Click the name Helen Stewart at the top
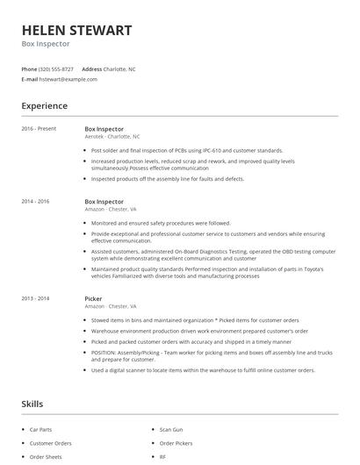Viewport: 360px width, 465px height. coord(77,30)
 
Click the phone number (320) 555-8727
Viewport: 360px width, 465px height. coord(56,68)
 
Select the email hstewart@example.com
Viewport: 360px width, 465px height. coord(68,79)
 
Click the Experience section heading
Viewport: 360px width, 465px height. coord(45,106)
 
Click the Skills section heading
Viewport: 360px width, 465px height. coord(32,404)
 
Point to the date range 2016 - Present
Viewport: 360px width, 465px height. coord(39,128)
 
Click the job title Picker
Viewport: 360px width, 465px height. coord(94,299)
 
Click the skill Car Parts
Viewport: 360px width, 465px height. coord(41,430)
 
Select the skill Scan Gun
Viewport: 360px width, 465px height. coord(171,430)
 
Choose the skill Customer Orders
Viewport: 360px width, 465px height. coord(50,443)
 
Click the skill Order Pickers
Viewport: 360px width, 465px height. coord(175,443)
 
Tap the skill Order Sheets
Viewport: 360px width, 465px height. coord(46,457)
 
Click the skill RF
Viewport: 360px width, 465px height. coord(162,457)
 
